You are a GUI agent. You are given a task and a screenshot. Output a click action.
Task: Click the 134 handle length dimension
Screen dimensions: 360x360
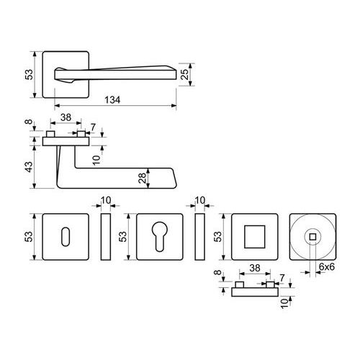112,100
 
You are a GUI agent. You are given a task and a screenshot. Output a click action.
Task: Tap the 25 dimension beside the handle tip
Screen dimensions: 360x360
184,74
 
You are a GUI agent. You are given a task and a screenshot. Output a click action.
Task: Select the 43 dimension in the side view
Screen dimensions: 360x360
29,167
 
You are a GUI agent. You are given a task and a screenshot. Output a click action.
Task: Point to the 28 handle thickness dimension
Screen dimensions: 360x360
142,178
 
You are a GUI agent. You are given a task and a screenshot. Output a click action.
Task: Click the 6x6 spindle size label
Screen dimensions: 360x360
327,266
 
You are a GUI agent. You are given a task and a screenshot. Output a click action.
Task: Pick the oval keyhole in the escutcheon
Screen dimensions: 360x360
66,236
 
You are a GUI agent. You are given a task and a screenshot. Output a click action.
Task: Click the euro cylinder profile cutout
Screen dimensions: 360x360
159,236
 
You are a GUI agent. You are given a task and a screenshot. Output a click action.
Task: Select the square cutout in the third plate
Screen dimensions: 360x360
255,237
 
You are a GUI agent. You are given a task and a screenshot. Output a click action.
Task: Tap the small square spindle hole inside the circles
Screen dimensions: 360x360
312,237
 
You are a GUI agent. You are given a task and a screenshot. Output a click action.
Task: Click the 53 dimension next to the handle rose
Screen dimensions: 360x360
29,74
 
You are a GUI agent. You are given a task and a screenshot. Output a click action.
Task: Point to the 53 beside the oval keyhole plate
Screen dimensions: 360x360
29,236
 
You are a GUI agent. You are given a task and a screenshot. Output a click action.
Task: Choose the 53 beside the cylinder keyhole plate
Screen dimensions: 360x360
122,236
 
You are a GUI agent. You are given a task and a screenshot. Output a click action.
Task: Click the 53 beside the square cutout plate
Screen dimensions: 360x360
217,236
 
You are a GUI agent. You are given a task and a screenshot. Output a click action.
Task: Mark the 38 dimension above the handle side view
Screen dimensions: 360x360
66,117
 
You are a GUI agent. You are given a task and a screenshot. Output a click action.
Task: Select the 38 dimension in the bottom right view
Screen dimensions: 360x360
255,268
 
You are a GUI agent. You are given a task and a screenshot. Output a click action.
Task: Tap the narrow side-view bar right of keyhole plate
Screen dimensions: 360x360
106,237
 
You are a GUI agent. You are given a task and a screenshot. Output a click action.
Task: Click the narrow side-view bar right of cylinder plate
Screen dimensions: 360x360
199,237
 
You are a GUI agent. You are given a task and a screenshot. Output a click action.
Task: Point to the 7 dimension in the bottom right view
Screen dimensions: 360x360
282,278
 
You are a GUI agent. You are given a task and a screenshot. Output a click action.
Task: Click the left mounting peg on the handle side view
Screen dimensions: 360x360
50,134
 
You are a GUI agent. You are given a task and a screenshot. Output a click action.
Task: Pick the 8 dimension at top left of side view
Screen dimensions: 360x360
29,122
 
